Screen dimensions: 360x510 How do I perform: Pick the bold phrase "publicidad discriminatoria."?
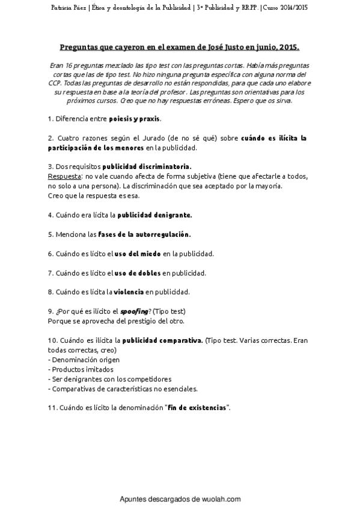coord(147,166)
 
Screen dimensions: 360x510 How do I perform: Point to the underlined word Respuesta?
coord(64,176)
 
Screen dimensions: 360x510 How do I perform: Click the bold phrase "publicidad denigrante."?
coord(154,214)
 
